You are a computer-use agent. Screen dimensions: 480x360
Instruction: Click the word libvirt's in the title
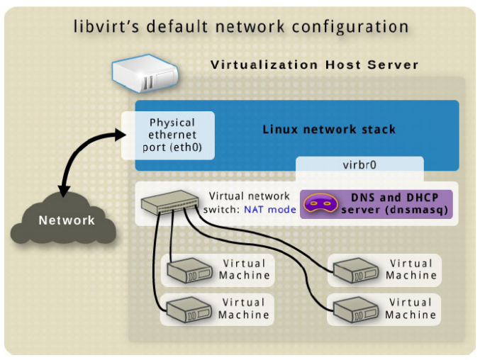106,26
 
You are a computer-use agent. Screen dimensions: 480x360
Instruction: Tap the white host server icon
145,73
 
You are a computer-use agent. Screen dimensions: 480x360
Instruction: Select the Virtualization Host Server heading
314,65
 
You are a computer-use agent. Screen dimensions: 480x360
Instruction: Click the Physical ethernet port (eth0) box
168,135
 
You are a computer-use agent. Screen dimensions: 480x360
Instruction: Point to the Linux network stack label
329,130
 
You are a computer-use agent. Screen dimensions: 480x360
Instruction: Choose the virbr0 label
359,165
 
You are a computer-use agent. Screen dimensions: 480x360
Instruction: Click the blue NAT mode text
270,210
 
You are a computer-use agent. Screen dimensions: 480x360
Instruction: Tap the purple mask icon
320,203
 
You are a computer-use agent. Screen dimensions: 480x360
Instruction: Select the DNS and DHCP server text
395,203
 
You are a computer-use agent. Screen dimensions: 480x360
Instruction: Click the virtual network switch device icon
169,202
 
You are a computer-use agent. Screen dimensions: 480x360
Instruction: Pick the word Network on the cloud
67,220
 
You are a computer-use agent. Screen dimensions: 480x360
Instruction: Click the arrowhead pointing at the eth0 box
121,135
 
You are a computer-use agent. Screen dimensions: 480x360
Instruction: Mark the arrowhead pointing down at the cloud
64,191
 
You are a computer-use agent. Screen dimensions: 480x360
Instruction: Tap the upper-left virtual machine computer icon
190,271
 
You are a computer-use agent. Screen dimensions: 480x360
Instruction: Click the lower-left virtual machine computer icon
189,310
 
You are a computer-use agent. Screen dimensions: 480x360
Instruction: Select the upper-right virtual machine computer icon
356,271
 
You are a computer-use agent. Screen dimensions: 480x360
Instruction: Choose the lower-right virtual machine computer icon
356,310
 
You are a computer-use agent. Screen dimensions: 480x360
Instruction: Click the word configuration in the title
350,27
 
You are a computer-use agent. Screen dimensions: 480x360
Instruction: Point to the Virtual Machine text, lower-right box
411,308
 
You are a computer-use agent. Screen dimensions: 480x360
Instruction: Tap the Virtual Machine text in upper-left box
245,269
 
